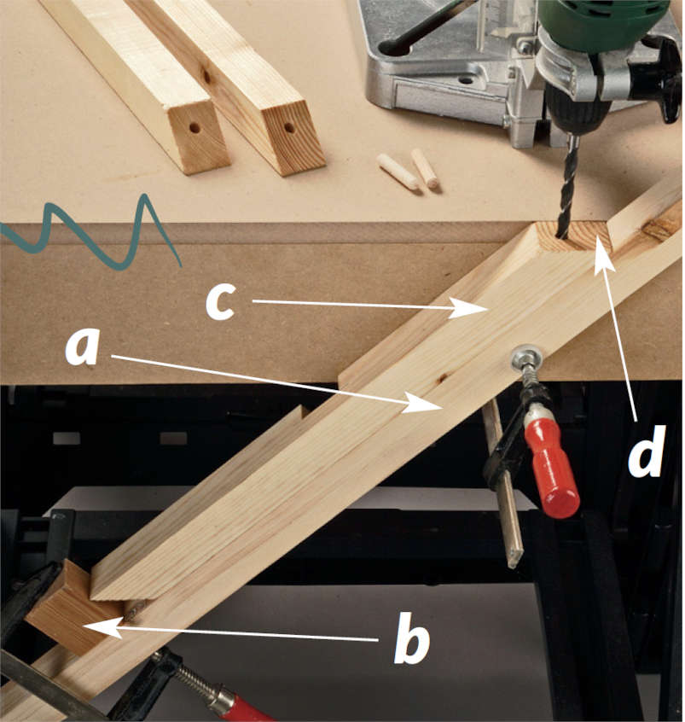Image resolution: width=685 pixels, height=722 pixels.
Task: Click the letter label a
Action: click(83, 347)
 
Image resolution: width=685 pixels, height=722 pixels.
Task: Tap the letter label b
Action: click(412, 638)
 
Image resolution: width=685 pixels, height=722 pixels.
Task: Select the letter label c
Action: click(220, 301)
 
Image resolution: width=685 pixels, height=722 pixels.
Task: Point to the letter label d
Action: click(647, 451)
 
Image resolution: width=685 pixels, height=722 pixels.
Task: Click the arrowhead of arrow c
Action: click(469, 307)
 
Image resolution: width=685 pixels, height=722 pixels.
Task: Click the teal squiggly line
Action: click(90, 234)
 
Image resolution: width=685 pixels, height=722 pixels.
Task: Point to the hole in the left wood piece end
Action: click(194, 127)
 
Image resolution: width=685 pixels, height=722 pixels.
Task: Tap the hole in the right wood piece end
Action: click(289, 127)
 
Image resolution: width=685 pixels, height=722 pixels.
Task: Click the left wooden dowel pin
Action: click(398, 172)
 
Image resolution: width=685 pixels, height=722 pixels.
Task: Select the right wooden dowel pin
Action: click(425, 168)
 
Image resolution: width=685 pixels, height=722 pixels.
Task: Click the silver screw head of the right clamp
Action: click(527, 357)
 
